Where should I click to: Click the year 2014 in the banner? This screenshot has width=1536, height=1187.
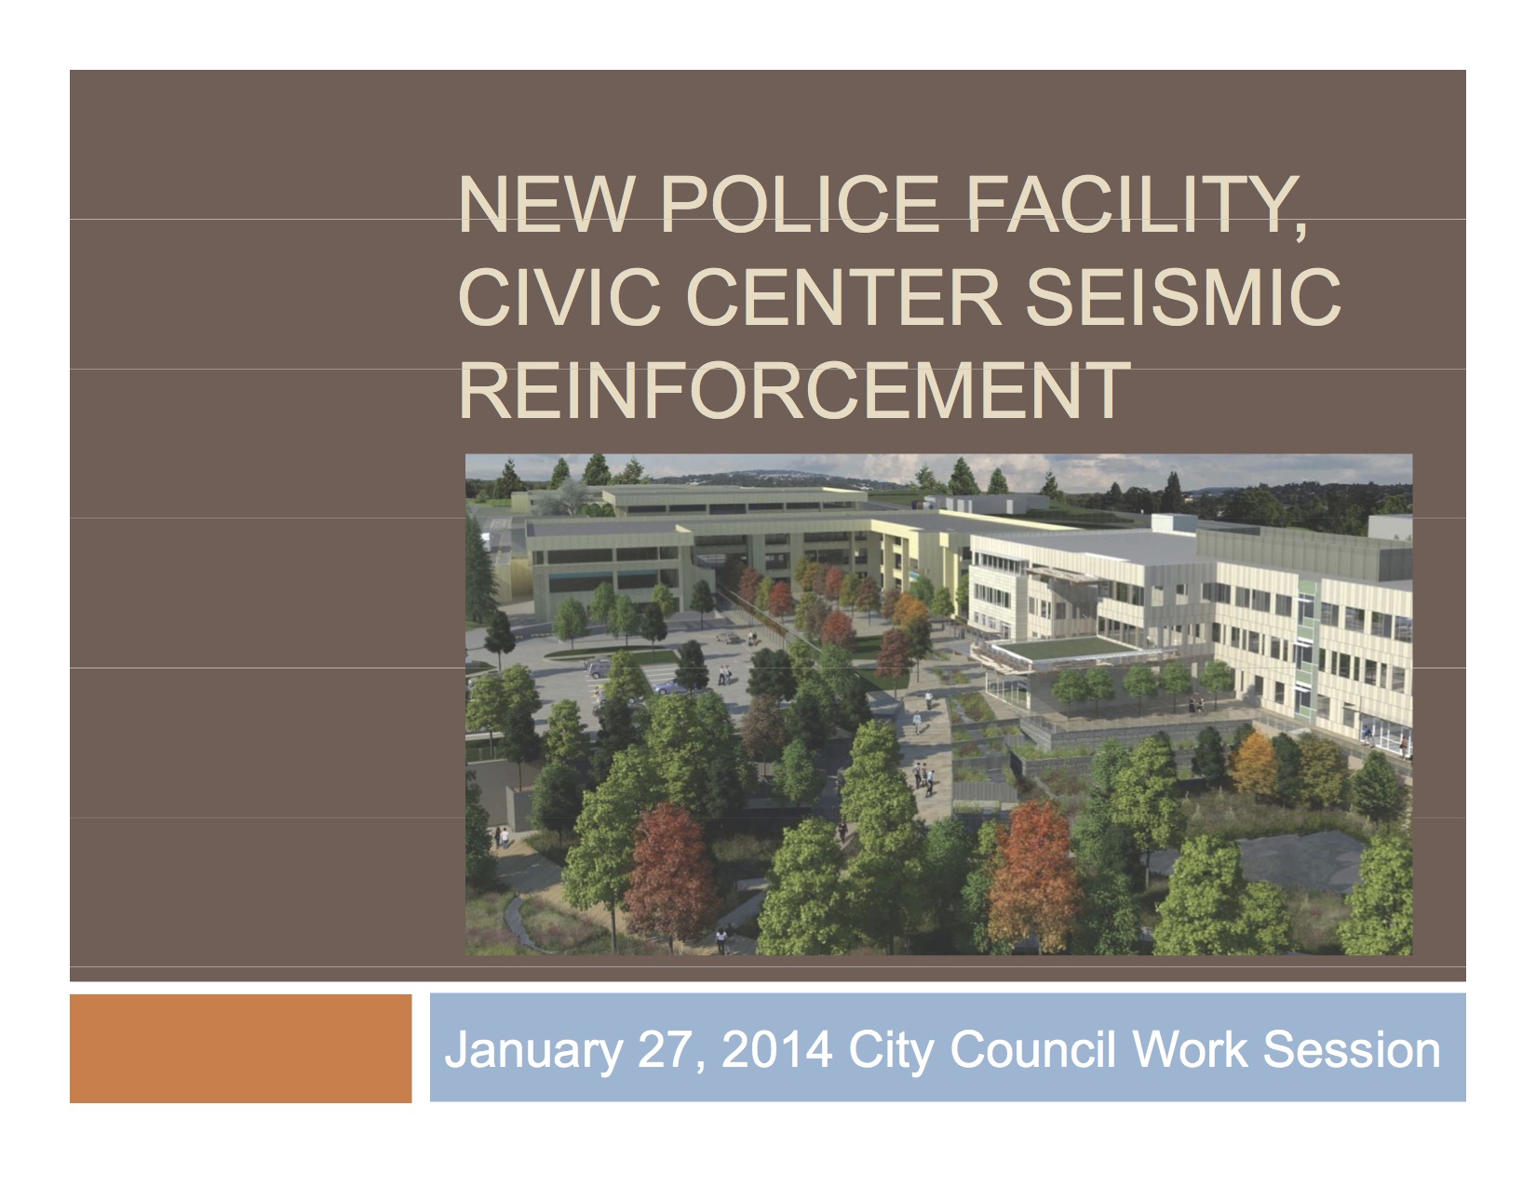coord(776,1049)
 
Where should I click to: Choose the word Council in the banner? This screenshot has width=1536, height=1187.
coord(1032,1049)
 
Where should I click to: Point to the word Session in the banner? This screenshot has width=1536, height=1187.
coord(1352,1049)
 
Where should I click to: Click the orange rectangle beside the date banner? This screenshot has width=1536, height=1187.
coord(240,1048)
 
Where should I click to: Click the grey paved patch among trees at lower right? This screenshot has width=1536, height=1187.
coord(1294,862)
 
